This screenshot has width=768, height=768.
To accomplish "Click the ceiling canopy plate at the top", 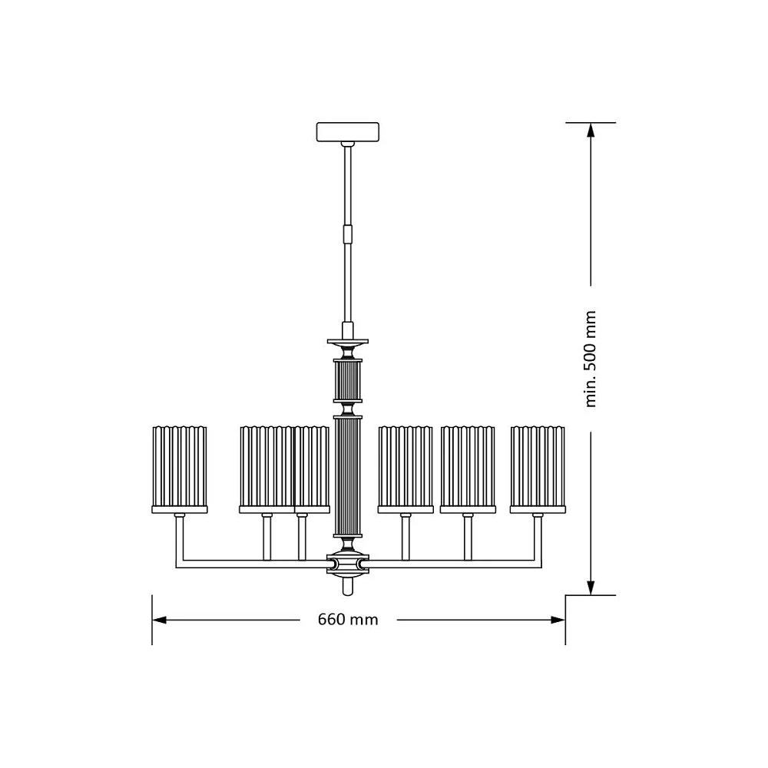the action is [348, 132].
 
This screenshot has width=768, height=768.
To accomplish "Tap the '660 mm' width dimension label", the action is [348, 620].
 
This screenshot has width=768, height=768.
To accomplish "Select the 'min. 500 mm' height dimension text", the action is [591, 359].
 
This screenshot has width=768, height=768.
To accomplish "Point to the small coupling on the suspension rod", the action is [348, 233].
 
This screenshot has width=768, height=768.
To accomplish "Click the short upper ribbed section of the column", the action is [348, 380].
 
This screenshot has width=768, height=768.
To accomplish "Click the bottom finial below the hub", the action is [348, 586].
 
